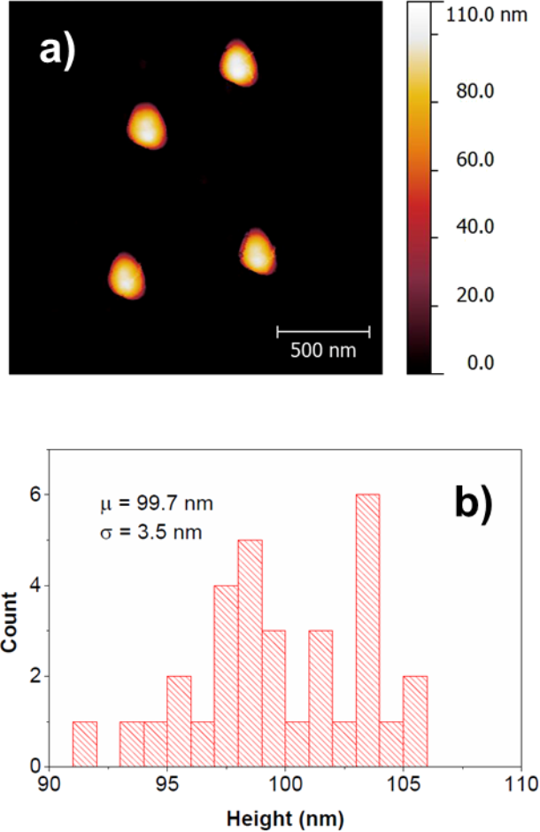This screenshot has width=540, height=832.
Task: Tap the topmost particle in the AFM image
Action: tap(237, 64)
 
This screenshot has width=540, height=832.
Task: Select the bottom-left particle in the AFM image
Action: tap(126, 276)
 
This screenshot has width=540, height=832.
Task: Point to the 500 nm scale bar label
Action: tap(323, 350)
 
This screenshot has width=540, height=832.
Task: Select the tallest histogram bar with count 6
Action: tap(367, 629)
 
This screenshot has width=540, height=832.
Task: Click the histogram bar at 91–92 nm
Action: tap(84, 743)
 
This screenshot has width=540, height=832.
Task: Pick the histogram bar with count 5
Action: tap(251, 652)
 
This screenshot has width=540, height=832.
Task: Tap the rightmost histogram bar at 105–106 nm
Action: tap(415, 720)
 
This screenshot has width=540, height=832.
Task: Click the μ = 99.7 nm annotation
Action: tap(156, 504)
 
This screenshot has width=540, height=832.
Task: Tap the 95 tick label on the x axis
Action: tap(167, 784)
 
